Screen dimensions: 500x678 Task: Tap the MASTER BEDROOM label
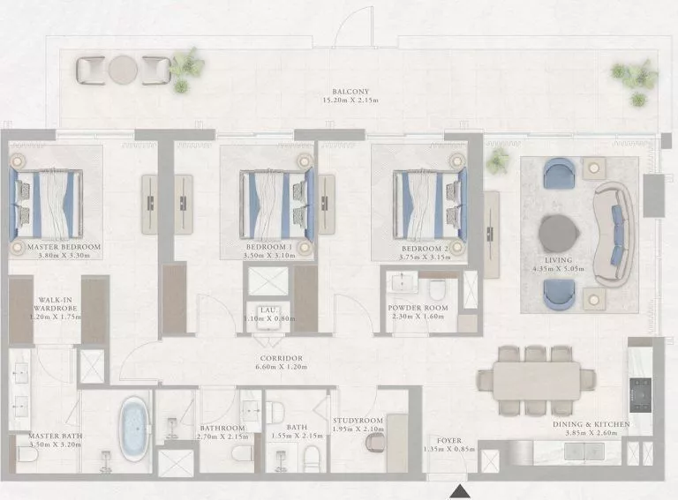pos(64,248)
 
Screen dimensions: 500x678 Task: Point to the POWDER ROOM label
pos(418,309)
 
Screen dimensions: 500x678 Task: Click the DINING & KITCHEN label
pos(591,424)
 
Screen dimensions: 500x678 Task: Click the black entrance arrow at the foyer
pos(460,490)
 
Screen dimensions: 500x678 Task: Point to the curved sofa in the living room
pos(611,234)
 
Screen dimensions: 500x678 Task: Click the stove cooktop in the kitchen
pos(642,386)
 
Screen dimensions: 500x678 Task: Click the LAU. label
pos(267,310)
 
